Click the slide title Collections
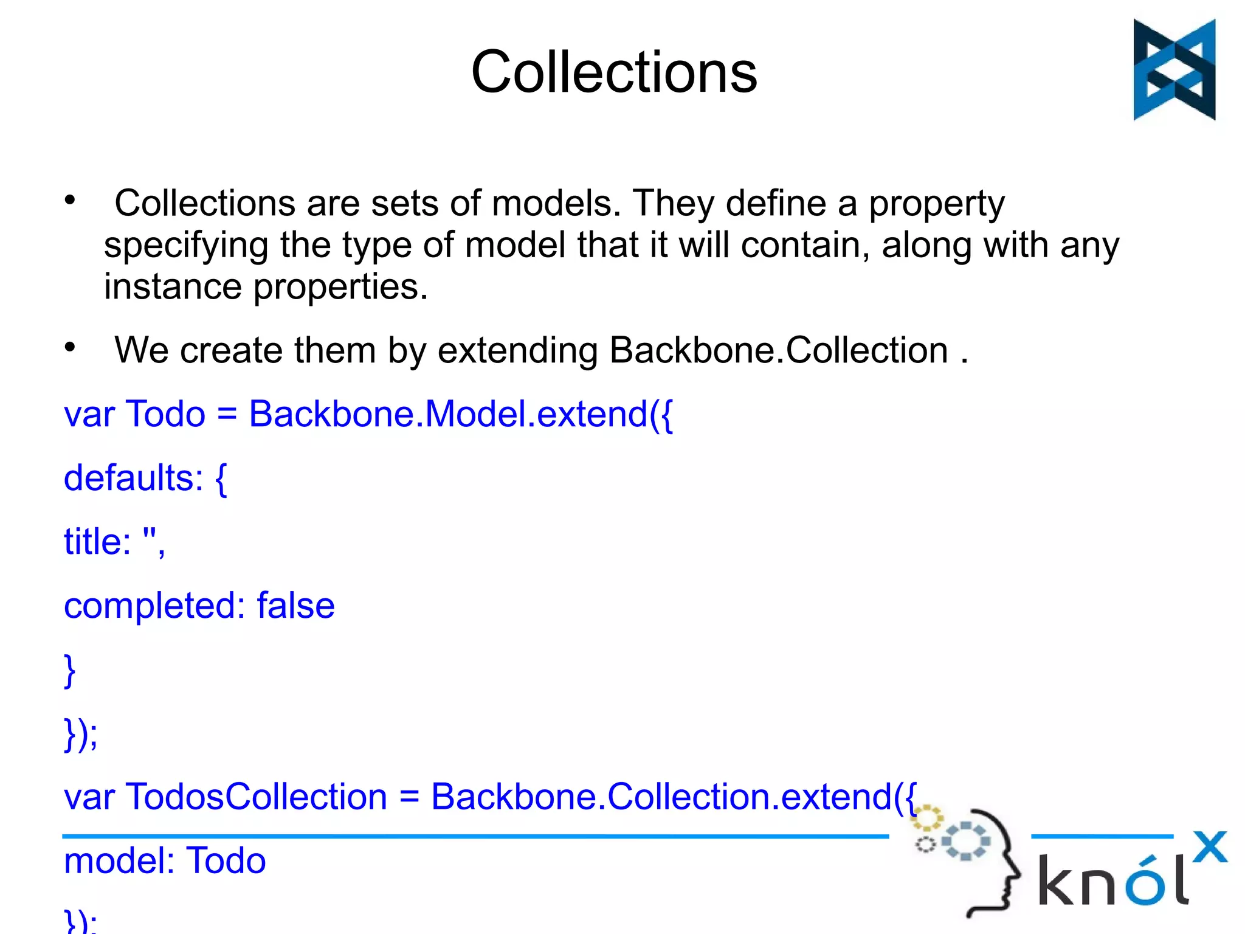pos(614,72)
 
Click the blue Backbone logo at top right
pos(1174,69)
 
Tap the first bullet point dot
pos(71,200)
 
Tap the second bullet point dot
pos(71,347)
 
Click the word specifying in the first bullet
pos(186,246)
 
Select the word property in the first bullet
pos(936,204)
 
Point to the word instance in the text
pos(173,286)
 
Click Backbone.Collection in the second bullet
pos(778,351)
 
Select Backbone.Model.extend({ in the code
pos(460,415)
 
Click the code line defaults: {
pos(145,479)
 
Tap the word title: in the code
pos(97,541)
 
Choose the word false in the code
pos(295,606)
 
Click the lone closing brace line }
pos(69,670)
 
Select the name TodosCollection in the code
pos(256,797)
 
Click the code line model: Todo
pos(165,861)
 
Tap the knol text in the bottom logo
pos(1112,880)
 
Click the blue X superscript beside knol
pos(1210,847)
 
